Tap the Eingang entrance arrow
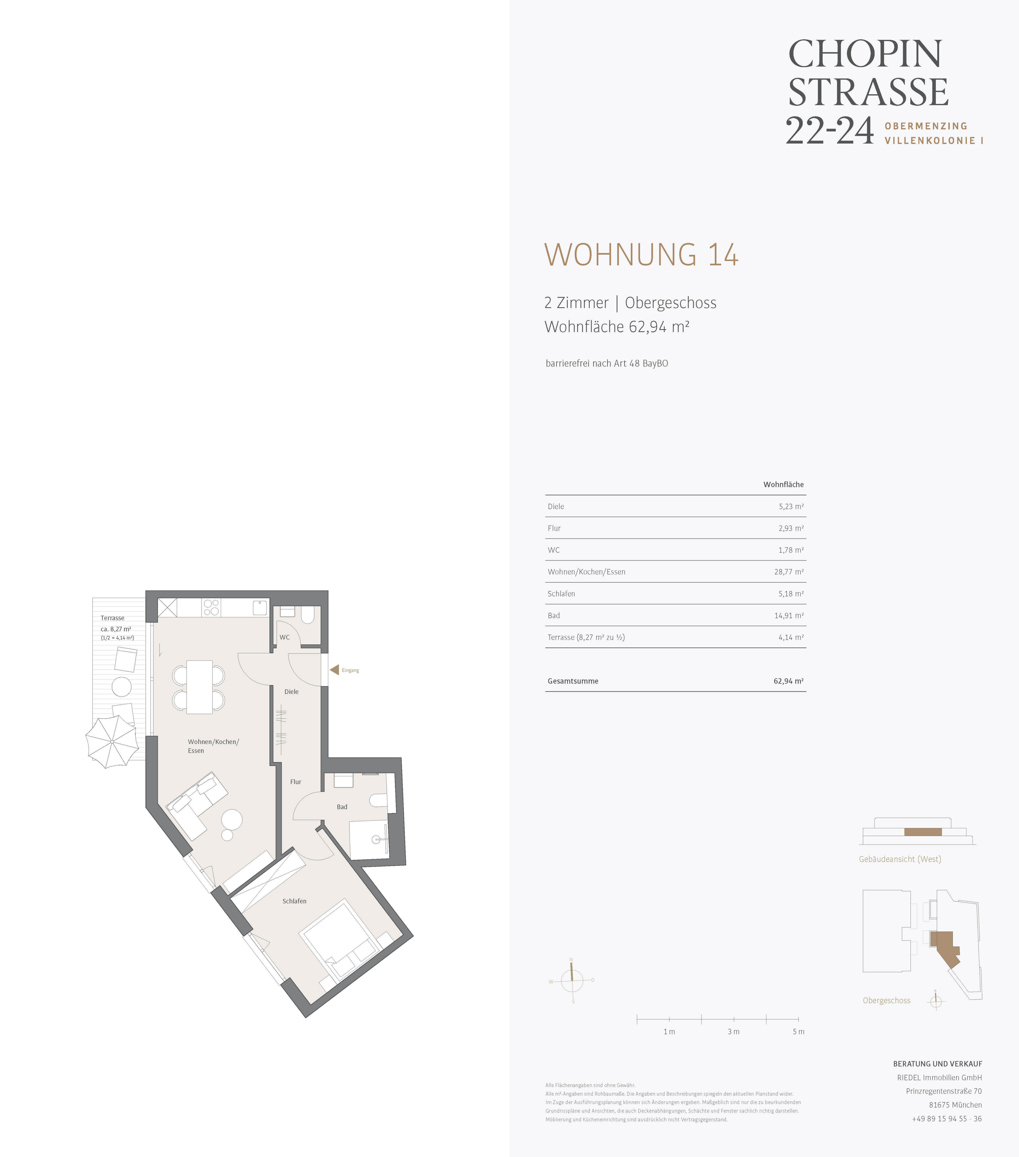(334, 670)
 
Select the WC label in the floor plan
(284, 637)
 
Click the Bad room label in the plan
(342, 807)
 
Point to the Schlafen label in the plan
(294, 900)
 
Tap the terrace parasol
(112, 742)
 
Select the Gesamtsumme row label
(573, 681)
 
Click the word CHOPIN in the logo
(866, 54)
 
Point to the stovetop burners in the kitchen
(211, 607)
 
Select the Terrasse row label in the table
(586, 637)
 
